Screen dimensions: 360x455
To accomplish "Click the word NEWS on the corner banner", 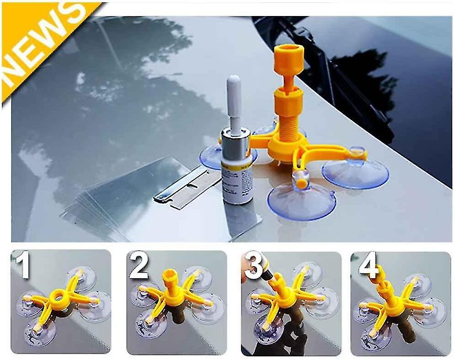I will (x=41, y=43).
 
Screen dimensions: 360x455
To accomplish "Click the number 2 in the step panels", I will (x=138, y=267).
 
